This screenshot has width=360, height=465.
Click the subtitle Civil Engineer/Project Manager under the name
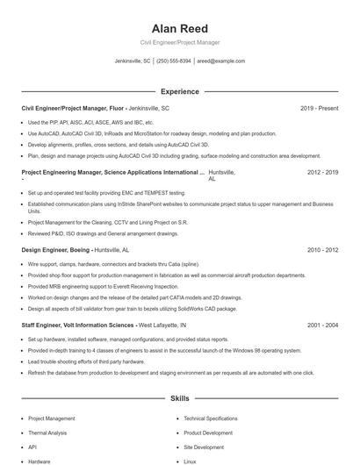tap(179, 42)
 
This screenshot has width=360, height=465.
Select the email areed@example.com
tap(220, 61)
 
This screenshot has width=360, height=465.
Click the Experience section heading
tap(179, 91)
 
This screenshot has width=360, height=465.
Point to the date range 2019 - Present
tap(319, 108)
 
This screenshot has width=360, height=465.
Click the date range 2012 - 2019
tap(322, 173)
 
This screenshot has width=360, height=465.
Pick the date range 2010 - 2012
tap(322, 250)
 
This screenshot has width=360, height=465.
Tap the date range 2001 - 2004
tap(322, 325)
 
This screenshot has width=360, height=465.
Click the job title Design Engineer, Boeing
tap(55, 250)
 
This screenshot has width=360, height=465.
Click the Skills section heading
tap(179, 398)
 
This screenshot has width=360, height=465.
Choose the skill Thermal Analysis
tap(48, 433)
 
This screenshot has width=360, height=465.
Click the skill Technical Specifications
tap(211, 418)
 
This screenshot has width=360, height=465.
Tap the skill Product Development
tap(208, 433)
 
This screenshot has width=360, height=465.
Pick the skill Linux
tap(190, 461)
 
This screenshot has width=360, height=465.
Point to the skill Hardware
tap(39, 461)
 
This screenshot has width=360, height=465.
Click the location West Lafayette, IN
tap(162, 325)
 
